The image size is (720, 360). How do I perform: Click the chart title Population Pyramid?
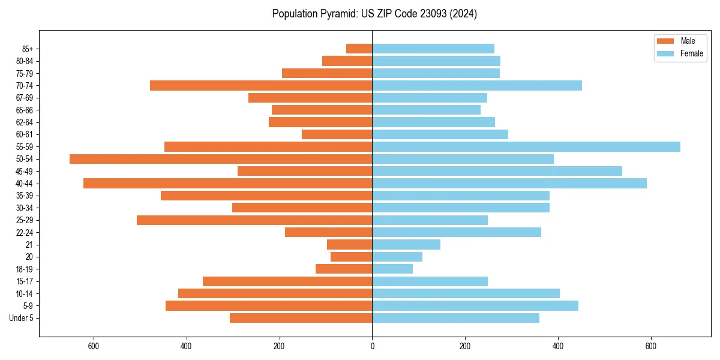tap(374, 14)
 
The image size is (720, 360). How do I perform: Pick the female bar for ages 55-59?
tap(526, 147)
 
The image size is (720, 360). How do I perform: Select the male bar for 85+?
tap(359, 49)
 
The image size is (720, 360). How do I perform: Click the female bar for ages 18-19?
tap(392, 269)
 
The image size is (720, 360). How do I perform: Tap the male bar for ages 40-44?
tap(228, 184)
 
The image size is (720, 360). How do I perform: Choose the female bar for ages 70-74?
tap(477, 86)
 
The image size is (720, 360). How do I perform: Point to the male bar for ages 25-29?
tap(254, 220)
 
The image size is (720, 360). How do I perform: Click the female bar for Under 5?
tap(455, 318)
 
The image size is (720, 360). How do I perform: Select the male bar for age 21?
tap(350, 245)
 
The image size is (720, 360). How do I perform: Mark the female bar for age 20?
tap(397, 257)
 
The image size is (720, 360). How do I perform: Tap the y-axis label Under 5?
tap(21, 318)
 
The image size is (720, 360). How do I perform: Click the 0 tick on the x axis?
tap(372, 346)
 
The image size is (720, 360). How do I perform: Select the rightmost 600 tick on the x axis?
tap(651, 346)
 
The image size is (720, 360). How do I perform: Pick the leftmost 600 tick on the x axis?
tap(94, 346)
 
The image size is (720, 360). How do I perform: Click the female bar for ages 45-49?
tap(497, 171)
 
